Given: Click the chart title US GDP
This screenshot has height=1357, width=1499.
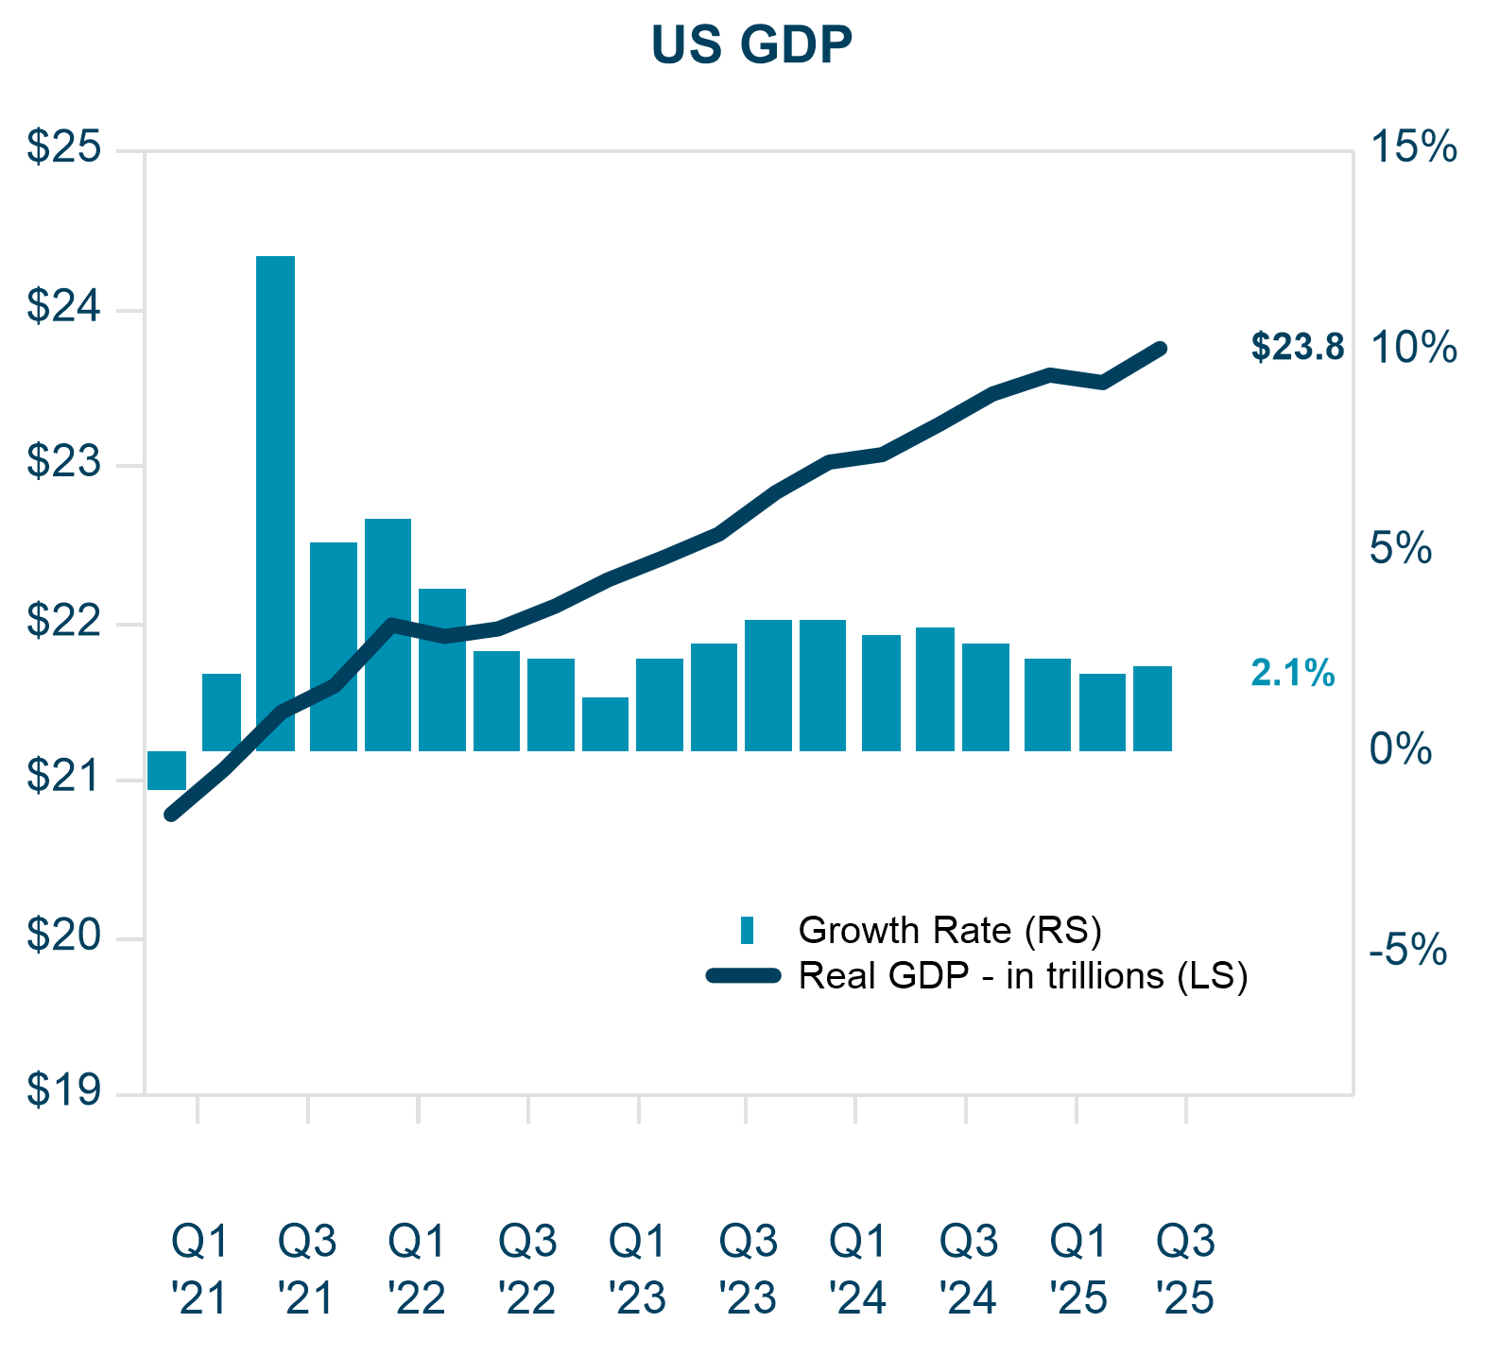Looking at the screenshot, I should point(751,44).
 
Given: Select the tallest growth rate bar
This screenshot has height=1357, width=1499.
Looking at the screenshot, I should point(276,503).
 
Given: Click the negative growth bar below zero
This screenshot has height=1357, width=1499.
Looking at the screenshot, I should point(167,770).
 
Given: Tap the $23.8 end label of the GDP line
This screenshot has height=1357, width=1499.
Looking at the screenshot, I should point(1297,348).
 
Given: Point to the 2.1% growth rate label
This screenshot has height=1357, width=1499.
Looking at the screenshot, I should point(1292,674).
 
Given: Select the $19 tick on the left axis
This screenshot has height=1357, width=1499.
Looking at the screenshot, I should point(63,1091).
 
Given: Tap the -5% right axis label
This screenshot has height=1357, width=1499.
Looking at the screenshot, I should point(1408,950).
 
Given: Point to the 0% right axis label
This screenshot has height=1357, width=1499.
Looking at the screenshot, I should point(1402,749).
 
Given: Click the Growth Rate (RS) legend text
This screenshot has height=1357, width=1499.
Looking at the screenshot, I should point(950,931).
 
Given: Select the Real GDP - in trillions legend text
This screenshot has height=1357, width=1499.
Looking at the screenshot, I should point(1023,976).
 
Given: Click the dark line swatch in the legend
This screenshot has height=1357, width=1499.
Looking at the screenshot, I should point(743,976).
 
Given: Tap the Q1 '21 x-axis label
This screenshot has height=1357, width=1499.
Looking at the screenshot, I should point(199,1270).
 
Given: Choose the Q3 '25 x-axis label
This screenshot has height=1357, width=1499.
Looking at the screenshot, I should point(1186,1270).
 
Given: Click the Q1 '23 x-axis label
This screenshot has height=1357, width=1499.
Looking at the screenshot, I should point(638,1270).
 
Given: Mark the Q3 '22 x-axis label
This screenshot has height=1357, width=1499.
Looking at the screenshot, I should point(527,1270).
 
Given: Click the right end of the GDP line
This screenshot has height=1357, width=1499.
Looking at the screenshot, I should point(1162,349).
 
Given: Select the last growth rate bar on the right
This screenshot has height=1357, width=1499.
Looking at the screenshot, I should point(1152,709).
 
